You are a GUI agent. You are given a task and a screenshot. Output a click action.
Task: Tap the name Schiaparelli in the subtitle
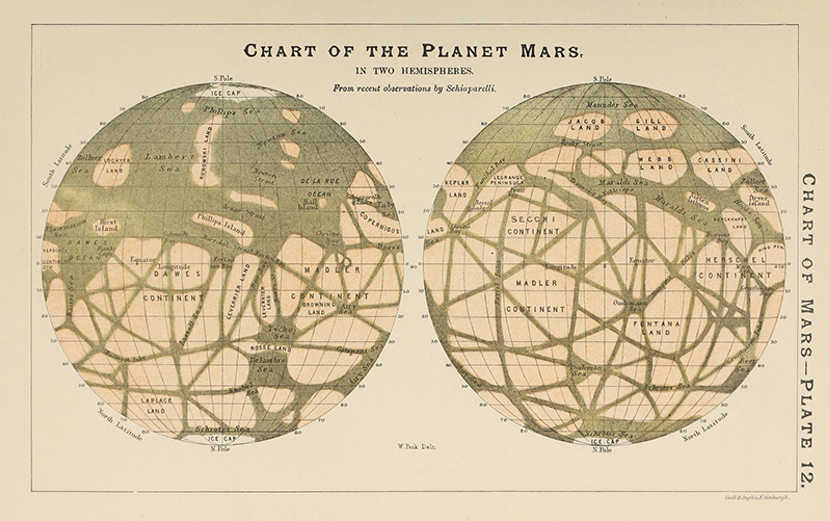[470, 88]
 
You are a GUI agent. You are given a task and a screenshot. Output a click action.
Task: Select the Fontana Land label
[656, 328]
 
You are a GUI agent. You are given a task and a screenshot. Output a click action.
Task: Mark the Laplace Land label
[157, 405]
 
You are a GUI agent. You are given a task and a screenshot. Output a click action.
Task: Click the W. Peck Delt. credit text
[417, 447]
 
